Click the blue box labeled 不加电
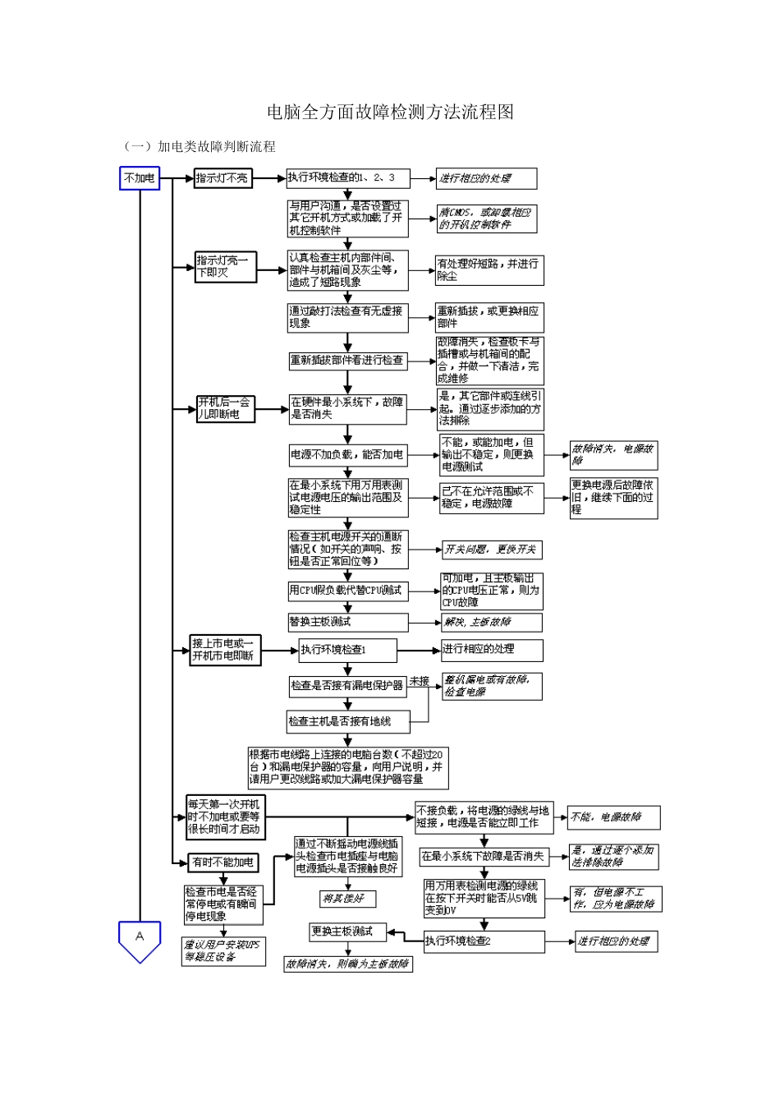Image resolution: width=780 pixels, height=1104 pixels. point(140,178)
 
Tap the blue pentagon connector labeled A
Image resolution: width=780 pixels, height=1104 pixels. point(140,939)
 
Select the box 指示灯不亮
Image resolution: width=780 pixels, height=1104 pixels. point(223,178)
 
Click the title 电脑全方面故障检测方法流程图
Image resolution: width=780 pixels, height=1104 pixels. point(390,113)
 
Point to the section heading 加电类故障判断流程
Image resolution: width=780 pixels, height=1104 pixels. point(216,147)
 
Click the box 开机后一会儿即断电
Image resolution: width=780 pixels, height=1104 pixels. point(225,409)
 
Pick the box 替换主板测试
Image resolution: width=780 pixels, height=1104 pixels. point(347,623)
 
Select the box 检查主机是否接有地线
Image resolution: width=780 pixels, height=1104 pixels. point(346,721)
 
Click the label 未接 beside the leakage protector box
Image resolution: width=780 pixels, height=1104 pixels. point(420,681)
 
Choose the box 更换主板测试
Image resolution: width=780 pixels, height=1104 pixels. point(347,932)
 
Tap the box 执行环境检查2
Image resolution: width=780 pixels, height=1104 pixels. point(484,941)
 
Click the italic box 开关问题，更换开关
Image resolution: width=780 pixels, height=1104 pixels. point(492,550)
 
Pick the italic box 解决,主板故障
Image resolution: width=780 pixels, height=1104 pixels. point(492,623)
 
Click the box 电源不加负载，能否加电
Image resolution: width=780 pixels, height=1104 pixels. point(347,454)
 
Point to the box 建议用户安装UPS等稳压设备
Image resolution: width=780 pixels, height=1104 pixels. point(223,952)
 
